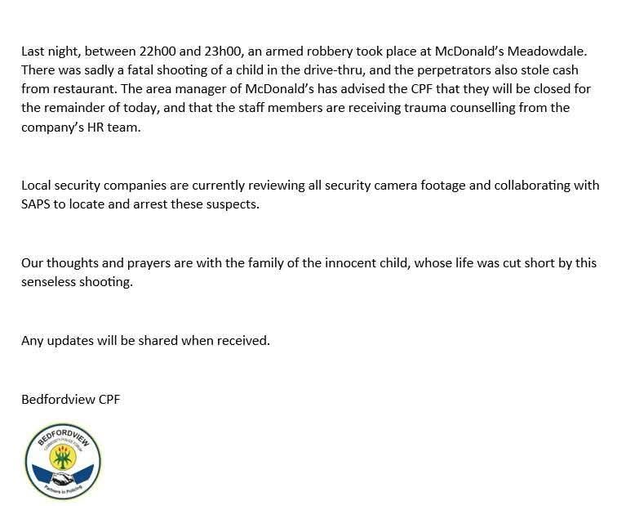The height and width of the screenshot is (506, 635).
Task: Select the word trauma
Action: coord(406,108)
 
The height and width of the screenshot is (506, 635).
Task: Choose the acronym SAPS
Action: coord(35,204)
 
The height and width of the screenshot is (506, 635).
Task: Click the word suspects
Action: coord(233,204)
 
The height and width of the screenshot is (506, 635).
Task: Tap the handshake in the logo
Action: coord(62,478)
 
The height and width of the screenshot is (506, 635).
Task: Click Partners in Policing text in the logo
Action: coord(63,493)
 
